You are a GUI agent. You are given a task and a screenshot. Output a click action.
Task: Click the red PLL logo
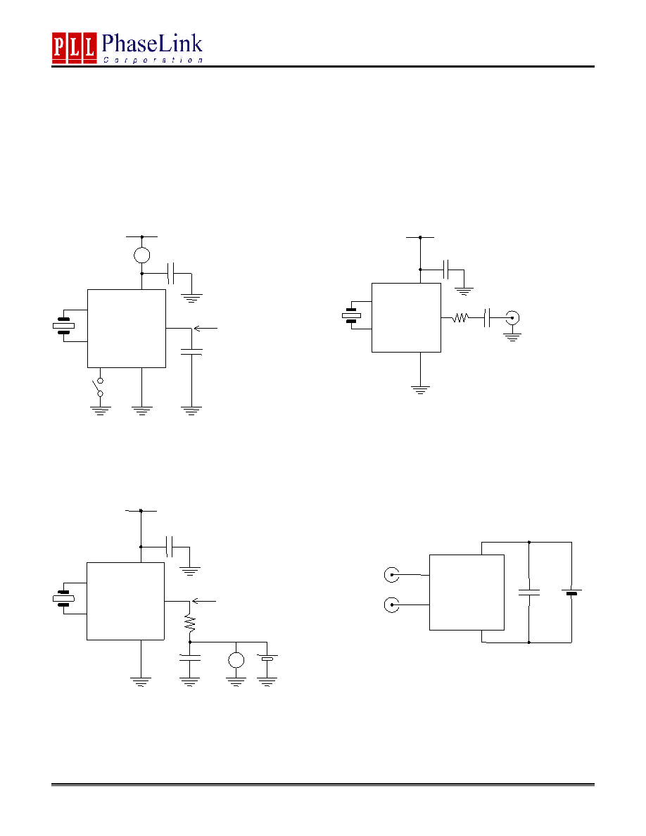pyautogui.click(x=74, y=47)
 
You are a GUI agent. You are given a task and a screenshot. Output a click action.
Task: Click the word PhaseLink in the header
pyautogui.click(x=152, y=43)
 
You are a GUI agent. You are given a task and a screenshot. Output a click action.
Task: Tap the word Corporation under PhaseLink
pyautogui.click(x=153, y=61)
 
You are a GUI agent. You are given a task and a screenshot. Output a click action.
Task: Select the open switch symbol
pyautogui.click(x=99, y=388)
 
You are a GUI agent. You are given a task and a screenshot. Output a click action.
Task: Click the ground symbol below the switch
pyautogui.click(x=100, y=410)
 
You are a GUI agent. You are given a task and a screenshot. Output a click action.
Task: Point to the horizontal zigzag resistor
pyautogui.click(x=460, y=318)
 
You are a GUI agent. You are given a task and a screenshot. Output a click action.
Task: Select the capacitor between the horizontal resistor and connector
pyautogui.click(x=487, y=318)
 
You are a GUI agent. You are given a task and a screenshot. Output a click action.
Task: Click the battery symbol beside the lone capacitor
pyautogui.click(x=572, y=593)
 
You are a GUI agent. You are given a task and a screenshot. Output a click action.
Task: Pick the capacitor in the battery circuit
pyautogui.click(x=529, y=592)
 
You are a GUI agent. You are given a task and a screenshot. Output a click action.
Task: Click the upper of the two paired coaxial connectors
pyautogui.click(x=392, y=575)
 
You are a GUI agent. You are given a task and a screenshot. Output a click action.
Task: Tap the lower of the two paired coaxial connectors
pyautogui.click(x=392, y=605)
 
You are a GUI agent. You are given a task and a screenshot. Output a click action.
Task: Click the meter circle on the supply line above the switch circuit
pyautogui.click(x=141, y=255)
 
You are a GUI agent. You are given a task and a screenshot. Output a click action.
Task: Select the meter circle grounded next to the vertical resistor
pyautogui.click(x=236, y=660)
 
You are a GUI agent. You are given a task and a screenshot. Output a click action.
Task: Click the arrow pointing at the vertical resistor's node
pyautogui.click(x=203, y=601)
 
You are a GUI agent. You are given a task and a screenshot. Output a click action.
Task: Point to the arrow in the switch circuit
pyautogui.click(x=205, y=329)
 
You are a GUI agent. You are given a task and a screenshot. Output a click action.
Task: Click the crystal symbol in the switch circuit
pyautogui.click(x=63, y=326)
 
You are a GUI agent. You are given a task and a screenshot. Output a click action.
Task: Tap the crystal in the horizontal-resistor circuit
pyautogui.click(x=351, y=316)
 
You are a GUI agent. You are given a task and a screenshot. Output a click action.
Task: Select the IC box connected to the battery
pyautogui.click(x=467, y=593)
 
